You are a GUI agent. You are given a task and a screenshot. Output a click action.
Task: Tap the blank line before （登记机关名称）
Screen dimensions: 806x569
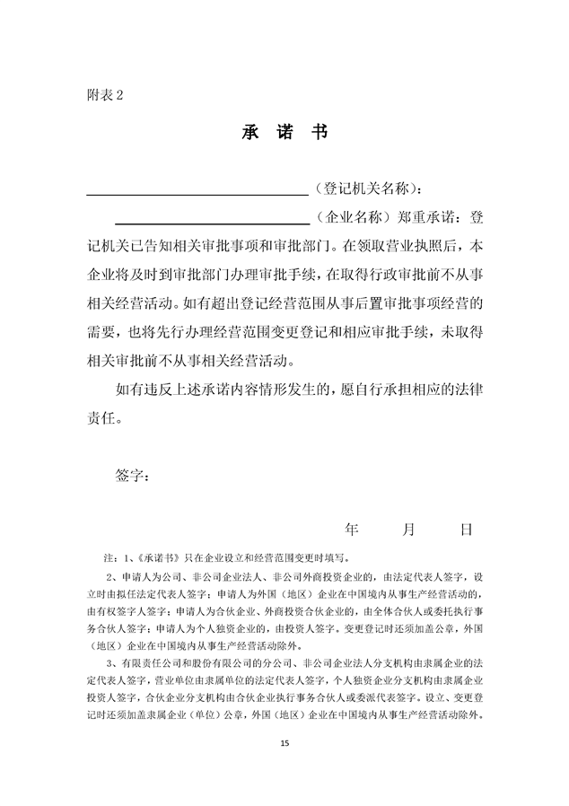(197, 191)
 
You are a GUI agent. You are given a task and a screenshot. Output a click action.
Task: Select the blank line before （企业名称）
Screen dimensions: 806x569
(213, 220)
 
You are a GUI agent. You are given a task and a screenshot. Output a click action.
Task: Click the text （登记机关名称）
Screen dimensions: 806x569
(364, 189)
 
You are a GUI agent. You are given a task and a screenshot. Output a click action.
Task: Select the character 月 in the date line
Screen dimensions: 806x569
(409, 530)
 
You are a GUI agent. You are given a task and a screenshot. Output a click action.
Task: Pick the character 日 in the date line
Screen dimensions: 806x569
(466, 530)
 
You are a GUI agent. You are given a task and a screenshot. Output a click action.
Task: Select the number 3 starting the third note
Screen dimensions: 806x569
(109, 661)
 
